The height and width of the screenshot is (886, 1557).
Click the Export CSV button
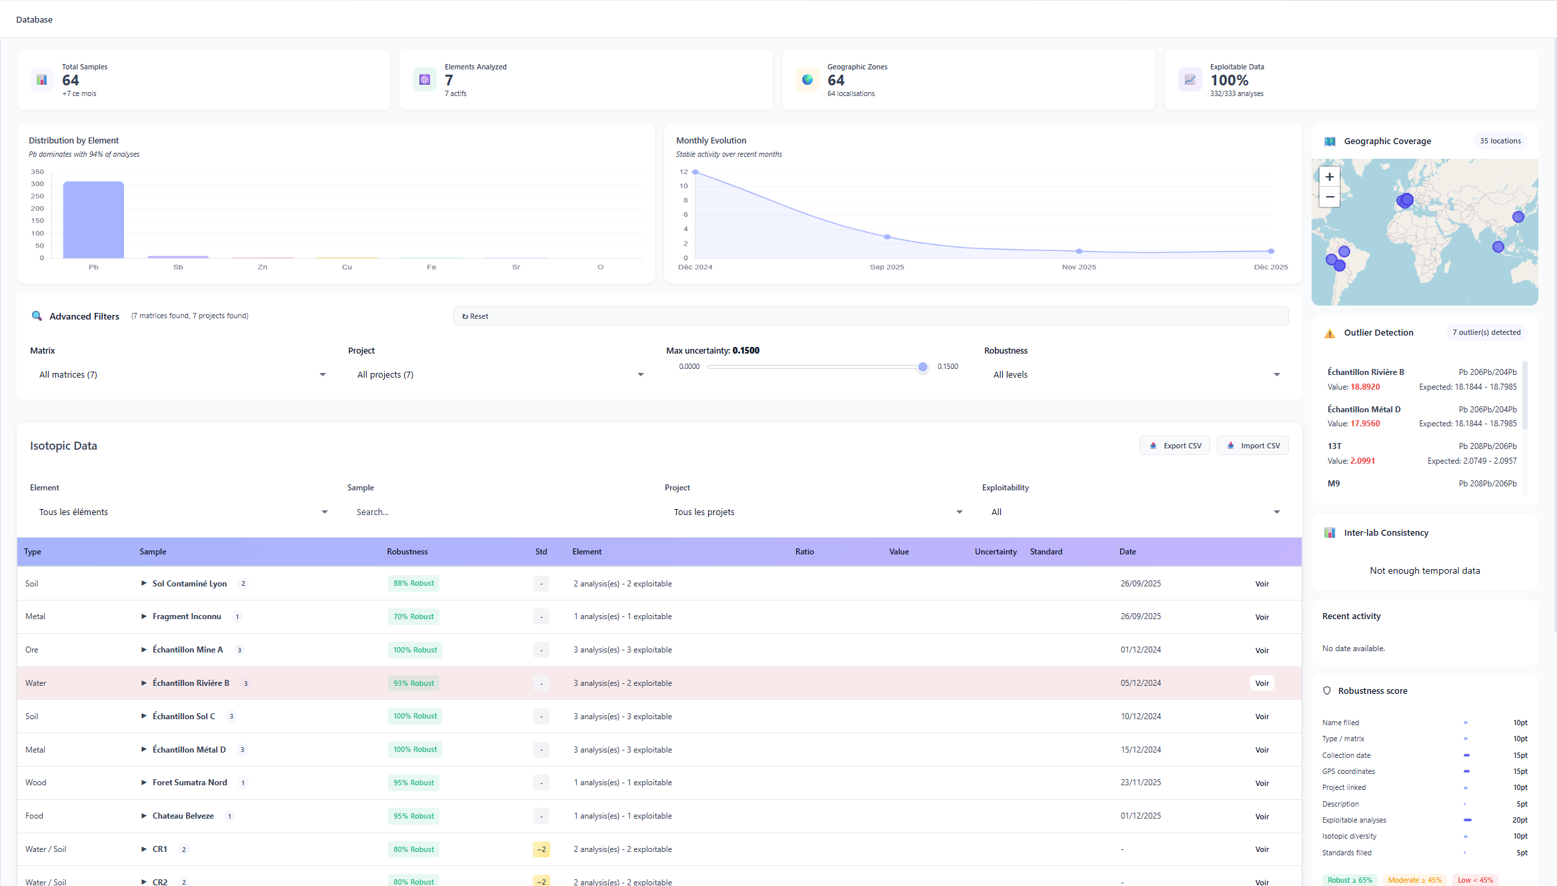pos(1175,446)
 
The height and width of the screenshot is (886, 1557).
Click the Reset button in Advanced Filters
pos(475,316)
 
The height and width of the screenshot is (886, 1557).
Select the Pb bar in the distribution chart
pos(93,219)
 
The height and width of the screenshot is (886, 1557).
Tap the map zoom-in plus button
pos(1330,177)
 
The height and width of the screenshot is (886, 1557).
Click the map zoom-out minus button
pos(1330,197)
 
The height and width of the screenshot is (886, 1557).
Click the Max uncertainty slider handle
pos(923,367)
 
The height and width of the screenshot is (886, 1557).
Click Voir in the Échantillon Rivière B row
pos(1262,683)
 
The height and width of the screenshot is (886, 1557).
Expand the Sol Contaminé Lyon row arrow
pos(143,583)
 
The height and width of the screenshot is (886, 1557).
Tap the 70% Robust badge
pos(413,616)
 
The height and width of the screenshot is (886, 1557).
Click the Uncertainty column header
pos(996,552)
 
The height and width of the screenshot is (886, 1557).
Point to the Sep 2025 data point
pos(887,237)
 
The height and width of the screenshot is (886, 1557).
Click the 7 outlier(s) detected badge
pos(1486,332)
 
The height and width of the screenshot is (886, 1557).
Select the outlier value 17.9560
pos(1365,424)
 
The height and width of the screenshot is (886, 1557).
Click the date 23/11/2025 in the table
pos(1140,783)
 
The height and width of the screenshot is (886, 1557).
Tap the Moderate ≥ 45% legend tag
pos(1414,880)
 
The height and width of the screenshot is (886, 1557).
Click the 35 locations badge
pos(1500,141)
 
